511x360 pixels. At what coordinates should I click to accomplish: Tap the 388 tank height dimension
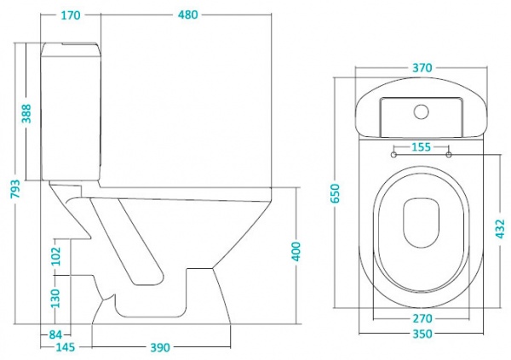pyautogui.click(x=26, y=114)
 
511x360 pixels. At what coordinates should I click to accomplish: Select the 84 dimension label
pyautogui.click(x=56, y=334)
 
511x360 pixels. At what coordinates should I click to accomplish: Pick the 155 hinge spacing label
pyautogui.click(x=419, y=146)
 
